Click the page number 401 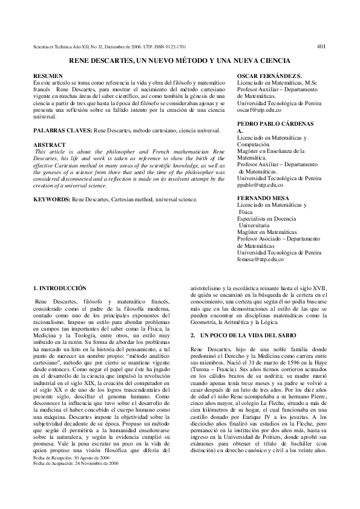coord(321,46)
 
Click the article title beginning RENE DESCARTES coord(180,61)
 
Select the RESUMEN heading coord(46,74)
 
